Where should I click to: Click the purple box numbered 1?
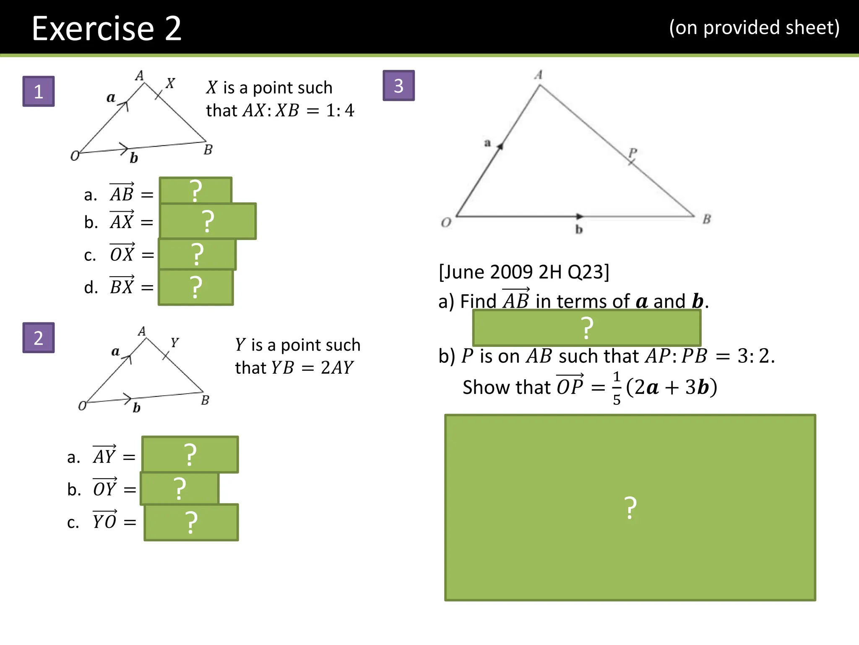click(38, 91)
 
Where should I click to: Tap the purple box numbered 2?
click(38, 338)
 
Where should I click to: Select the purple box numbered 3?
click(398, 86)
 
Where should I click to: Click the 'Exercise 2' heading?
click(107, 28)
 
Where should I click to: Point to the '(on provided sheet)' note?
click(754, 28)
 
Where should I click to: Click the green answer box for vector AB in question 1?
click(195, 190)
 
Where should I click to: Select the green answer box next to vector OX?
click(197, 254)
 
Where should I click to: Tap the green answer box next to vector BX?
click(195, 287)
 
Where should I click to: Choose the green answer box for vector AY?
click(190, 454)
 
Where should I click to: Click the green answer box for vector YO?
click(191, 522)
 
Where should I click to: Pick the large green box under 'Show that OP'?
click(630, 507)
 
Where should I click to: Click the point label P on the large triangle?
click(633, 152)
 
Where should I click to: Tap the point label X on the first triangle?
click(170, 83)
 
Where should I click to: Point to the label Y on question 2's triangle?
click(174, 343)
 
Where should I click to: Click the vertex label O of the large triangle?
click(446, 222)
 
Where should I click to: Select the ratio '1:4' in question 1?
click(340, 110)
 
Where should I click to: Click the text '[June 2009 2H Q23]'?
click(524, 272)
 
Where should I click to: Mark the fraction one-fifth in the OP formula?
click(617, 388)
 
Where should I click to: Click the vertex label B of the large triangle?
click(707, 219)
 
